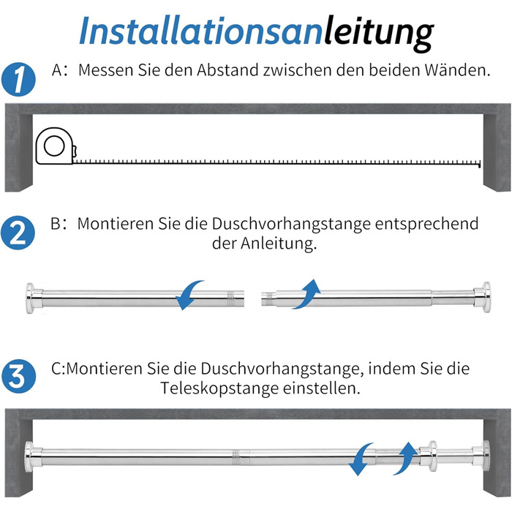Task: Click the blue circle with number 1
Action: click(18, 79)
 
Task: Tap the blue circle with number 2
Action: click(18, 233)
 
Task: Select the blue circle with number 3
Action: click(18, 376)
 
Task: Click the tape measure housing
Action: click(55, 146)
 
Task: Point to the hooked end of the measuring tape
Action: click(479, 164)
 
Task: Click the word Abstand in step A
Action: click(227, 70)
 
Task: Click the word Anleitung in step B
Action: click(279, 244)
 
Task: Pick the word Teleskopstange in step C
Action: click(219, 389)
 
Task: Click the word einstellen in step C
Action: click(321, 388)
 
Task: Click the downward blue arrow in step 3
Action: click(359, 459)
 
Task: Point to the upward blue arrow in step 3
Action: click(407, 457)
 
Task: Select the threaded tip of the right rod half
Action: click(269, 298)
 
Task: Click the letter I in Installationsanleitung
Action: click(87, 31)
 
